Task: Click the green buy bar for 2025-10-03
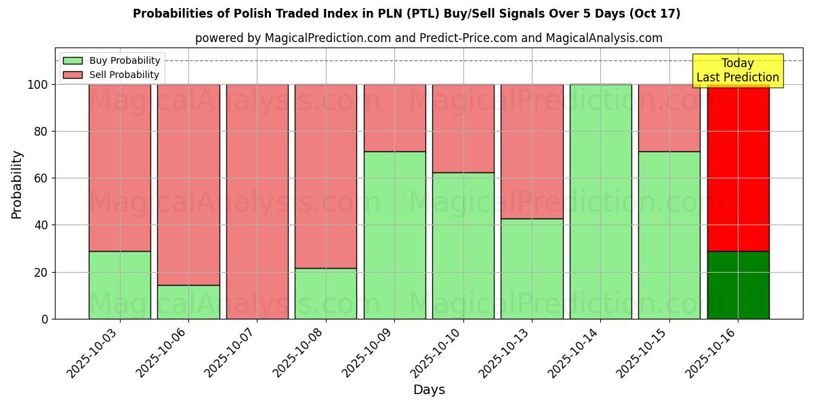(120, 285)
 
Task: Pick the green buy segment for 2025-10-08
(326, 293)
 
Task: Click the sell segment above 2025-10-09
(394, 117)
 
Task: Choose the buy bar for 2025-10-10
(463, 246)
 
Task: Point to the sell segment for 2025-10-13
(532, 151)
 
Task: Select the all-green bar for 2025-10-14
(601, 201)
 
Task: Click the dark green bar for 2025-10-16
(738, 285)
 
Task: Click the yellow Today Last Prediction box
(738, 71)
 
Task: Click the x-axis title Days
(429, 389)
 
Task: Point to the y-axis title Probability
(17, 185)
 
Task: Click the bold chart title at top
(406, 14)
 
